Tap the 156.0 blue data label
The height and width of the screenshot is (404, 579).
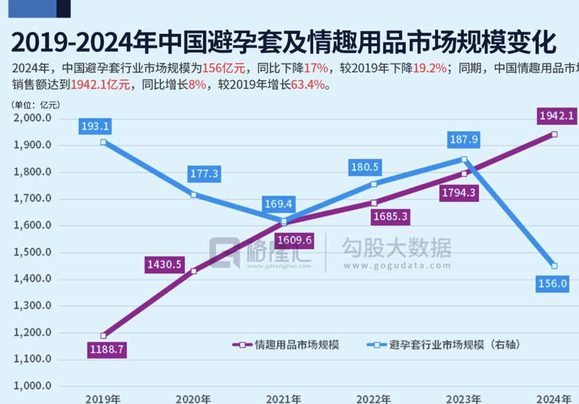(552, 284)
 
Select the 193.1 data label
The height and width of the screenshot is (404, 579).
(95, 126)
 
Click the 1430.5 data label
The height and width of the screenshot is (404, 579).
(164, 263)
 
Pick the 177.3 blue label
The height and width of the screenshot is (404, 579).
(204, 174)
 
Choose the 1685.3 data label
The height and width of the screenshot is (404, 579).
(390, 216)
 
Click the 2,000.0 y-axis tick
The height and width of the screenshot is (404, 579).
(32, 118)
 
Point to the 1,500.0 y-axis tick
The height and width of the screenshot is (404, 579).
(32, 252)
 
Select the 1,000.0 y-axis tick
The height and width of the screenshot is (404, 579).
(32, 387)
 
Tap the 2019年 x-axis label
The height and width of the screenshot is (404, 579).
(103, 399)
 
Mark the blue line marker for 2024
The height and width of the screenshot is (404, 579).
(554, 266)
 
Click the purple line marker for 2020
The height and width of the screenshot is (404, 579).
(194, 271)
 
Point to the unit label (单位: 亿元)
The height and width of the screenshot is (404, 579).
(35, 105)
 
